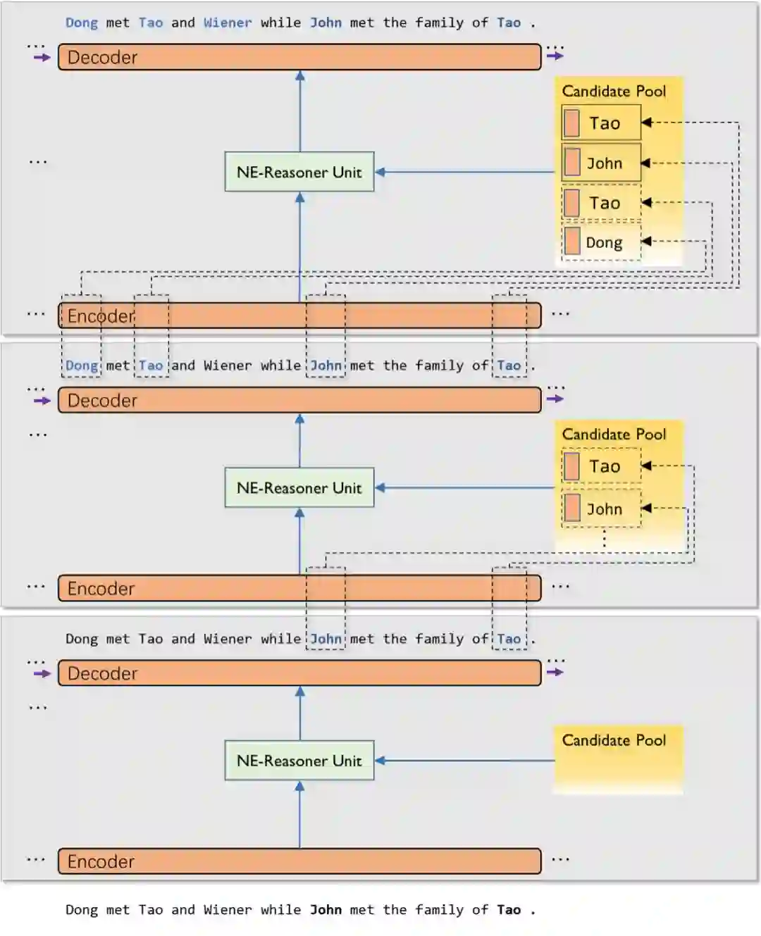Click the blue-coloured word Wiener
click(228, 23)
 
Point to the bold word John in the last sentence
click(326, 909)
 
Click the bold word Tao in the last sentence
click(509, 909)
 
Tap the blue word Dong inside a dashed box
click(82, 366)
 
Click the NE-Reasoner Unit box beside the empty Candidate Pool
click(299, 761)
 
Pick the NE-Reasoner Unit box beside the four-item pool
click(299, 172)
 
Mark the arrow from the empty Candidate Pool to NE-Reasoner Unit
click(465, 761)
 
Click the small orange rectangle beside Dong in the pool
click(572, 241)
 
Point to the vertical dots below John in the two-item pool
click(605, 539)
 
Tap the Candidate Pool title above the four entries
click(614, 91)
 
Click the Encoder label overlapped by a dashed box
click(100, 316)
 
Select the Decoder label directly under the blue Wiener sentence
click(102, 57)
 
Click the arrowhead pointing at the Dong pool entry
click(645, 241)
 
